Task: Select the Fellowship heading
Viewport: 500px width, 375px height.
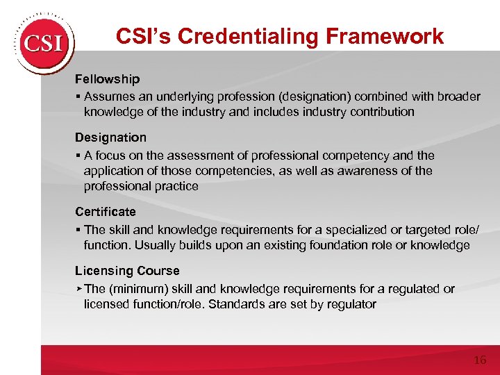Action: click(x=107, y=79)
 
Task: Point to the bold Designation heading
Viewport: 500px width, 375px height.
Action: click(x=110, y=137)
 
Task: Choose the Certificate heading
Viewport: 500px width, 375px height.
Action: click(x=106, y=211)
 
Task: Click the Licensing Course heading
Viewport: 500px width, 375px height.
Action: click(x=127, y=271)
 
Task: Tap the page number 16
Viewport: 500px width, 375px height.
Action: click(x=479, y=360)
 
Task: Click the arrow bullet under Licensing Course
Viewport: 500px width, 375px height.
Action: click(x=79, y=287)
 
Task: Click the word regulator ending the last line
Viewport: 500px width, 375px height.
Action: click(x=351, y=304)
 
